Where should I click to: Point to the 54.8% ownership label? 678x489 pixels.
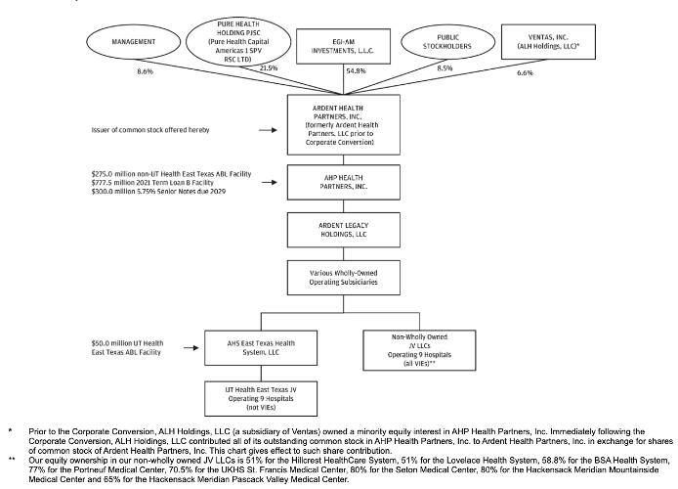(x=356, y=71)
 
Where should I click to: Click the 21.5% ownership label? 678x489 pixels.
(x=269, y=67)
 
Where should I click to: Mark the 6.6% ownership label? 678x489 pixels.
(x=525, y=72)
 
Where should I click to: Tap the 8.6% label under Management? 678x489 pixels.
(x=146, y=71)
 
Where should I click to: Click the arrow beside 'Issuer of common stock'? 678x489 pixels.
(x=268, y=130)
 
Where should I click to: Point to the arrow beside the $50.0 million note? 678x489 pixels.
(x=191, y=347)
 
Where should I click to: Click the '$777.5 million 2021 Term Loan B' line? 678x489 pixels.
(x=152, y=183)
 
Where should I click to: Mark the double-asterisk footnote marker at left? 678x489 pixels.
(x=12, y=459)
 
